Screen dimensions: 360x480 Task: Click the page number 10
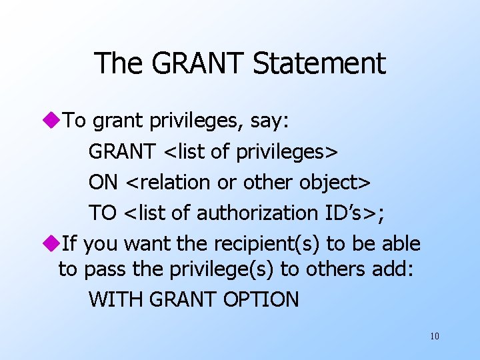[435, 336]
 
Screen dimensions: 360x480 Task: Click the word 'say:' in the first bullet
[273, 121]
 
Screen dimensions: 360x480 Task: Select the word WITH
[116, 299]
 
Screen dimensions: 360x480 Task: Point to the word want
[147, 244]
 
